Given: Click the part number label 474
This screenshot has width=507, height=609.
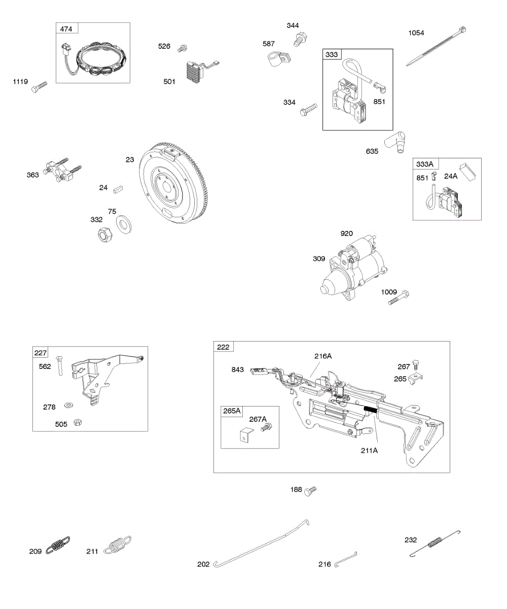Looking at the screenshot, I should [x=66, y=29].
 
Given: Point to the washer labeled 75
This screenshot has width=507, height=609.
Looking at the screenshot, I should [x=123, y=223].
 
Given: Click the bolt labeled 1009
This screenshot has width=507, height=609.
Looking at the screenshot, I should [x=399, y=298].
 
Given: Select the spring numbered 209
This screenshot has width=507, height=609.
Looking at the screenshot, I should [x=58, y=545].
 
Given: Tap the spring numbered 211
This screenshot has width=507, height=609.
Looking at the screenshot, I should [x=119, y=545].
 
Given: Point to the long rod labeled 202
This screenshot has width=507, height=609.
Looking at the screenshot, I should [x=262, y=543].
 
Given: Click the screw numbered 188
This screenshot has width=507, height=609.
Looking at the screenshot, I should [x=310, y=491].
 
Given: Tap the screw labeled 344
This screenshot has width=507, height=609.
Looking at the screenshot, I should [x=300, y=39].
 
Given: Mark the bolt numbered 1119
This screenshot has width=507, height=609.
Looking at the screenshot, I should [x=39, y=88].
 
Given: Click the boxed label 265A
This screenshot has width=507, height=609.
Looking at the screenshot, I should [x=232, y=411].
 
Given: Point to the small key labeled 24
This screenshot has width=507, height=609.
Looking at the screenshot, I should [x=119, y=188].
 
